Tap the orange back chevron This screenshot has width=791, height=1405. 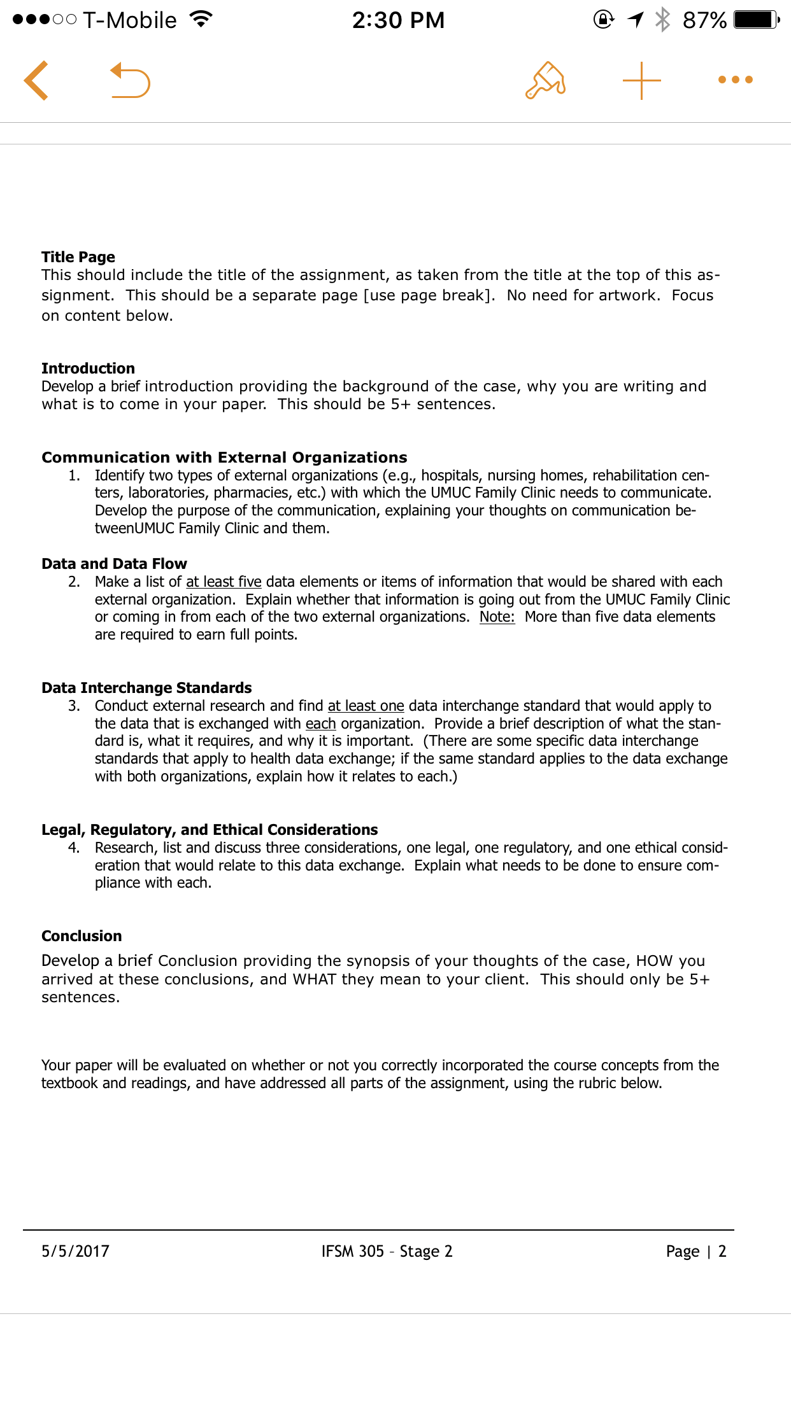(x=36, y=81)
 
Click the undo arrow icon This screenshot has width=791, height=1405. (x=130, y=81)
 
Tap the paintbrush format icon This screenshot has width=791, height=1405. (x=545, y=81)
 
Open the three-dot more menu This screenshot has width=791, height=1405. (x=735, y=80)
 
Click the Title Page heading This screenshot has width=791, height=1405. (x=78, y=257)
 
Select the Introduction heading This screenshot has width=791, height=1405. (x=88, y=368)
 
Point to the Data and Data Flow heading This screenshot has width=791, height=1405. (x=114, y=564)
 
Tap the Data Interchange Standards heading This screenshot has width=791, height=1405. (x=146, y=688)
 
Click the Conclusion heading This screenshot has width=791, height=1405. (x=82, y=936)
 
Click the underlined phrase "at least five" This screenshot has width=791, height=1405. (x=224, y=582)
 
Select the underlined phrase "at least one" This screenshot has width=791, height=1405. (x=366, y=706)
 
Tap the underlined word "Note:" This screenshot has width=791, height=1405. (x=497, y=617)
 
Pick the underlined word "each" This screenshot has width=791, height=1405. (x=320, y=723)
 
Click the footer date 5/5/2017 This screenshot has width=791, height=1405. (x=75, y=1251)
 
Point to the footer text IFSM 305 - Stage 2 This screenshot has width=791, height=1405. (x=387, y=1251)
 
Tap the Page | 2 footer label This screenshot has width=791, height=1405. (x=695, y=1251)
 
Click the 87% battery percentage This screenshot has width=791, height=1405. (x=704, y=20)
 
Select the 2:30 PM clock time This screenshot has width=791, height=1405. (x=398, y=20)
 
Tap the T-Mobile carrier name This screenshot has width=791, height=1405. (x=130, y=20)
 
